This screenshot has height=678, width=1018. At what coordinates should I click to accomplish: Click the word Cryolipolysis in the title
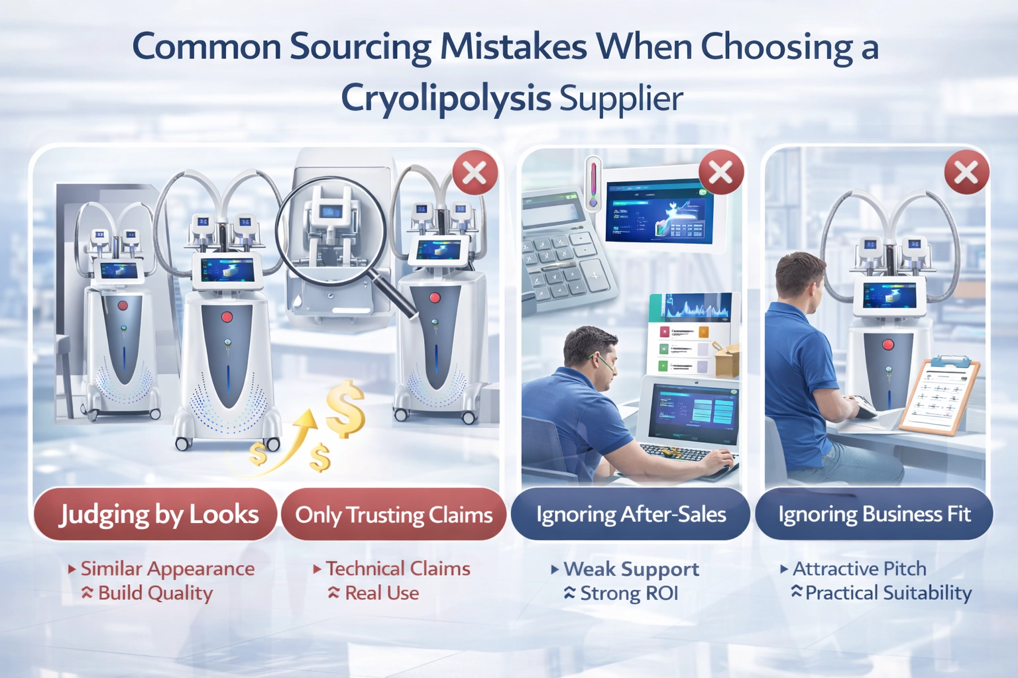pyautogui.click(x=445, y=99)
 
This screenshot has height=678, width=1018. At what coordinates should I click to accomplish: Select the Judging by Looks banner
pyautogui.click(x=157, y=514)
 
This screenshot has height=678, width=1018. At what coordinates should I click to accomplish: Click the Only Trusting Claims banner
pyautogui.click(x=394, y=514)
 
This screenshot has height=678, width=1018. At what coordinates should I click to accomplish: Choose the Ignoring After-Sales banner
pyautogui.click(x=631, y=514)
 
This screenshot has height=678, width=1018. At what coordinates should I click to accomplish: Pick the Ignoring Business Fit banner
pyautogui.click(x=874, y=514)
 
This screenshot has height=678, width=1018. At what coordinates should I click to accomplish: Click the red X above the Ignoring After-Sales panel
pyautogui.click(x=721, y=173)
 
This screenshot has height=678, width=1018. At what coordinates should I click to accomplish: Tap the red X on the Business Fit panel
pyautogui.click(x=966, y=173)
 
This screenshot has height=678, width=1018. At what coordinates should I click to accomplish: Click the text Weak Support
pyautogui.click(x=631, y=569)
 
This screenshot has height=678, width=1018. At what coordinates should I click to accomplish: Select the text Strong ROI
pyautogui.click(x=628, y=593)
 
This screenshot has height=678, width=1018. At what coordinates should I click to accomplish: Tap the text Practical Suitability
pyautogui.click(x=888, y=593)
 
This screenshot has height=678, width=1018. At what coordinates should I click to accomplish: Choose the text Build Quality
pyautogui.click(x=155, y=593)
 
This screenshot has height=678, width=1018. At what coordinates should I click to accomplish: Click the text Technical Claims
pyautogui.click(x=398, y=569)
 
